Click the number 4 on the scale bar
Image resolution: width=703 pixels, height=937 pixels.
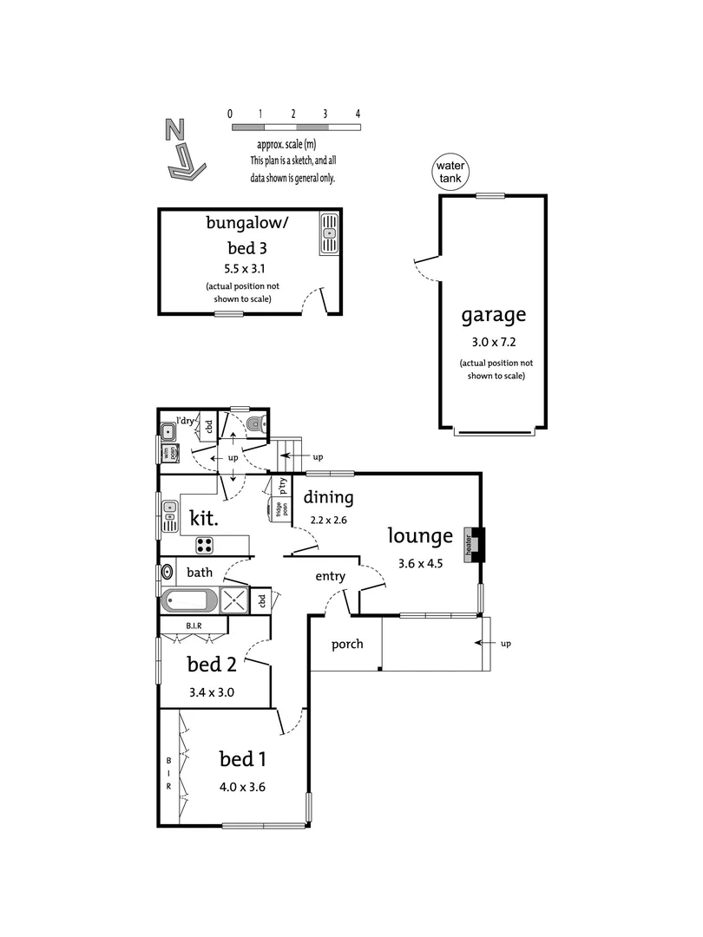pos(358,114)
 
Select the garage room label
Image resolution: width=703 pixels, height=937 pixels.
pos(493,314)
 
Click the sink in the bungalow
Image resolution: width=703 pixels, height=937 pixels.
pos(330,233)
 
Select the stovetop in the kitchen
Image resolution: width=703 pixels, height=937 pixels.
pos(205,545)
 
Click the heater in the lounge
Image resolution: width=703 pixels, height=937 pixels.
pos(474,543)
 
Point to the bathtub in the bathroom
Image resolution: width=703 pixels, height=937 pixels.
pos(189,600)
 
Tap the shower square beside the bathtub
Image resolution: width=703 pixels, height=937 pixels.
pos(233,600)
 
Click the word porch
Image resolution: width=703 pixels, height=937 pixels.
pos(346,645)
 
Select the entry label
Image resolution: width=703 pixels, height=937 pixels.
pos(330,576)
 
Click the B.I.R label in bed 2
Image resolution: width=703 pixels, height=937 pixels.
pos(194,625)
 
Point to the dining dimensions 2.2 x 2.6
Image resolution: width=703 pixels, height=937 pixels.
pos(328,521)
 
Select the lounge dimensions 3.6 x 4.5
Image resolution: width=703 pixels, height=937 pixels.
pos(419,562)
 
